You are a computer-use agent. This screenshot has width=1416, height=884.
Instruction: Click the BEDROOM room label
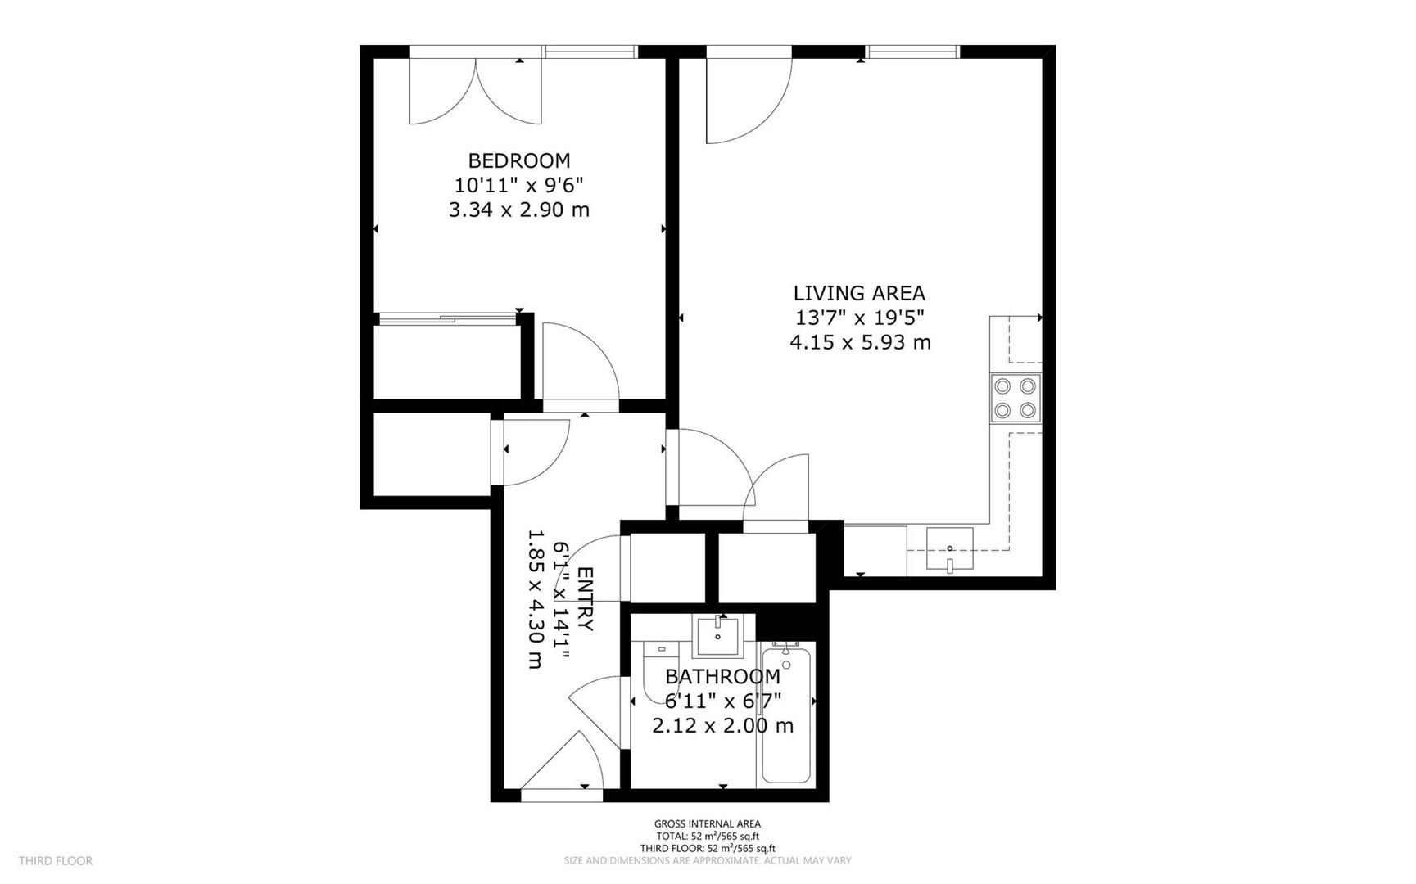tap(518, 160)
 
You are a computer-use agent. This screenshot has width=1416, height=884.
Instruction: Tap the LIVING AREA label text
tap(859, 293)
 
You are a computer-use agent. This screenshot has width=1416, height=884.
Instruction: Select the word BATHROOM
tap(722, 677)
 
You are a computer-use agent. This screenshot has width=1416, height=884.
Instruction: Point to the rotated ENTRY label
tap(586, 598)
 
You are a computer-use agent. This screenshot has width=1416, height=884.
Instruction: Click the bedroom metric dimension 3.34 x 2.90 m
tap(518, 210)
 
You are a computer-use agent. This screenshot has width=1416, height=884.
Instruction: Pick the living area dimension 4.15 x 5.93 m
tap(860, 342)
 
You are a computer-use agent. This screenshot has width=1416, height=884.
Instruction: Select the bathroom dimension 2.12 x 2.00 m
tap(722, 726)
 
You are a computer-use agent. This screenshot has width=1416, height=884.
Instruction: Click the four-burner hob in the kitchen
tap(1016, 398)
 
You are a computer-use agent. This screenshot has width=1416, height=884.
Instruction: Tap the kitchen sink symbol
tap(950, 549)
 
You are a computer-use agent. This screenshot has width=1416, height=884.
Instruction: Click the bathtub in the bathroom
tap(786, 712)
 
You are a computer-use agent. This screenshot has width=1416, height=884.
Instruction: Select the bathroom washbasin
tap(717, 637)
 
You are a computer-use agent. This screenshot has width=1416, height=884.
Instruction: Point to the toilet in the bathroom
tap(660, 673)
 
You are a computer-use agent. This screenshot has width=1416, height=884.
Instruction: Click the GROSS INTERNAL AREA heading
tap(707, 824)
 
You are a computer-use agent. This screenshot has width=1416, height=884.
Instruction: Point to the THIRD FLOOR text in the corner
tap(56, 861)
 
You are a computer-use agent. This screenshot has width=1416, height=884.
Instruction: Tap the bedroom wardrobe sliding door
tap(446, 318)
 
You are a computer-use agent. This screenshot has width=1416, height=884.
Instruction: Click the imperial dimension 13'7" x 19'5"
tap(860, 318)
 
